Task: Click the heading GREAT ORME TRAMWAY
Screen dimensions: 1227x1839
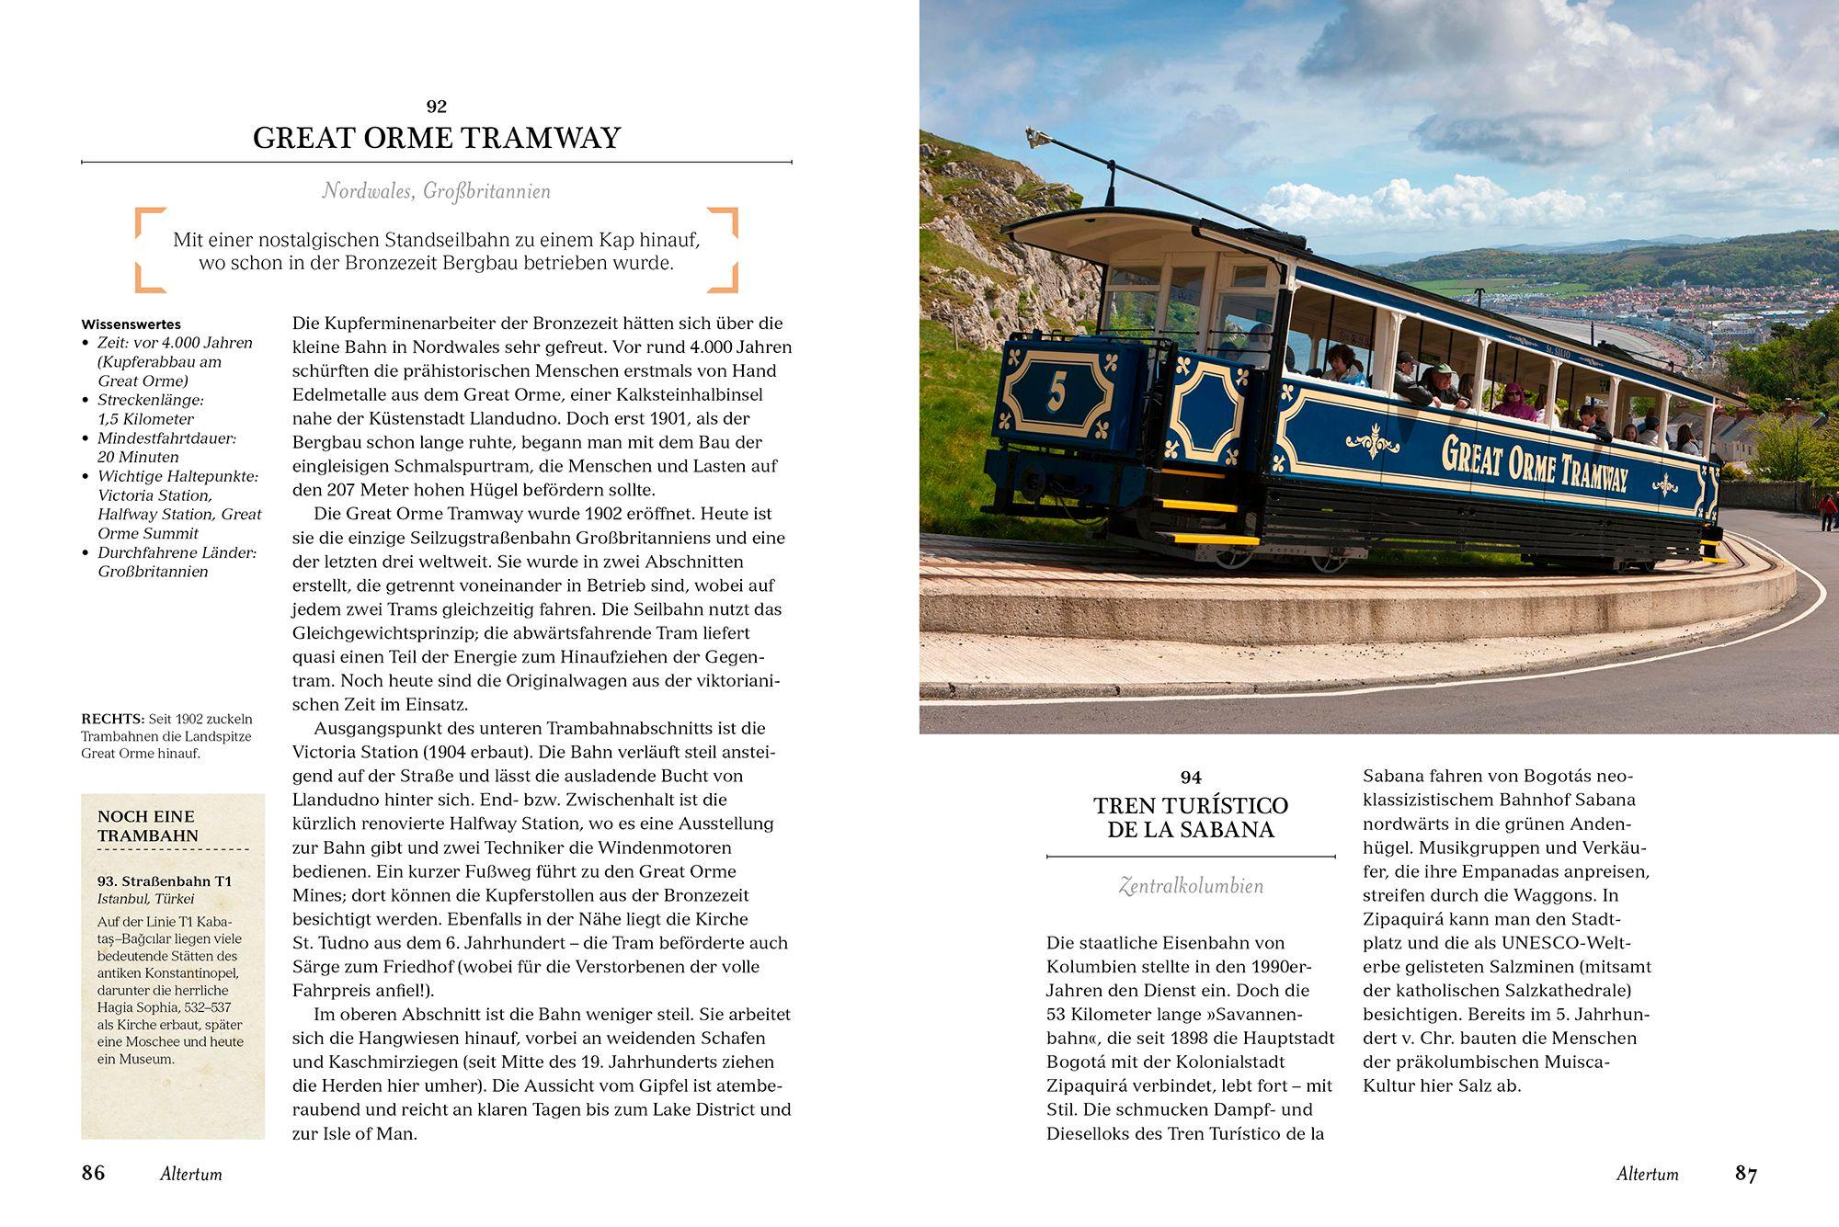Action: (x=437, y=138)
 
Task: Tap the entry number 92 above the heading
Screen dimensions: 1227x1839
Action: (x=437, y=107)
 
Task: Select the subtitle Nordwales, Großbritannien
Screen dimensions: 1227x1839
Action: (x=437, y=191)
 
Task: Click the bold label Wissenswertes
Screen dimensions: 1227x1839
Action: (x=131, y=324)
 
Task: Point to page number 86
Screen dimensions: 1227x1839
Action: (x=94, y=1173)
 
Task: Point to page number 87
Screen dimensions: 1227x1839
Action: (x=1746, y=1173)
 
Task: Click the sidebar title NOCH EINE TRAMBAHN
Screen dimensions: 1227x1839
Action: (x=147, y=825)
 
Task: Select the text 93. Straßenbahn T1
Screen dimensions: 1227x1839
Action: (x=165, y=880)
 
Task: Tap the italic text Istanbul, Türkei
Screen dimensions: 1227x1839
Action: (x=146, y=899)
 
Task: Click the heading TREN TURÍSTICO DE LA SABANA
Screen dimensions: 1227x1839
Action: (x=1191, y=817)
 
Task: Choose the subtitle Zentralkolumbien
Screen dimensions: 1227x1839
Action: (x=1191, y=886)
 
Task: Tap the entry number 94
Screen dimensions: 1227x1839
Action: (x=1191, y=778)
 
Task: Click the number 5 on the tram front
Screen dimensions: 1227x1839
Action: (x=1057, y=392)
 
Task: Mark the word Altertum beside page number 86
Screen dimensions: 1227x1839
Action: (x=191, y=1174)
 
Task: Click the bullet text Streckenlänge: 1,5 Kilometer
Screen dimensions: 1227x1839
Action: (x=150, y=410)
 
